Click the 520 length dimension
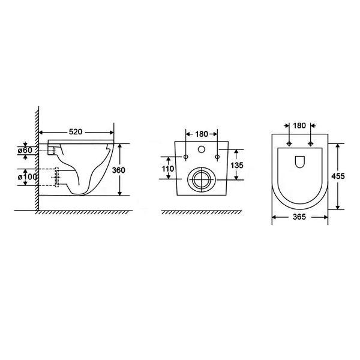point(76,131)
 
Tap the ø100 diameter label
point(31,178)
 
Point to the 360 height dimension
point(119,170)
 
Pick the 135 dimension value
point(238,165)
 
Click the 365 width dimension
point(300,217)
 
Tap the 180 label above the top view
point(299,125)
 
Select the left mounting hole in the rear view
point(185,157)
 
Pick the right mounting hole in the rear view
point(215,157)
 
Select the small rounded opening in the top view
point(300,161)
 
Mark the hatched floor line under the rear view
point(200,212)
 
